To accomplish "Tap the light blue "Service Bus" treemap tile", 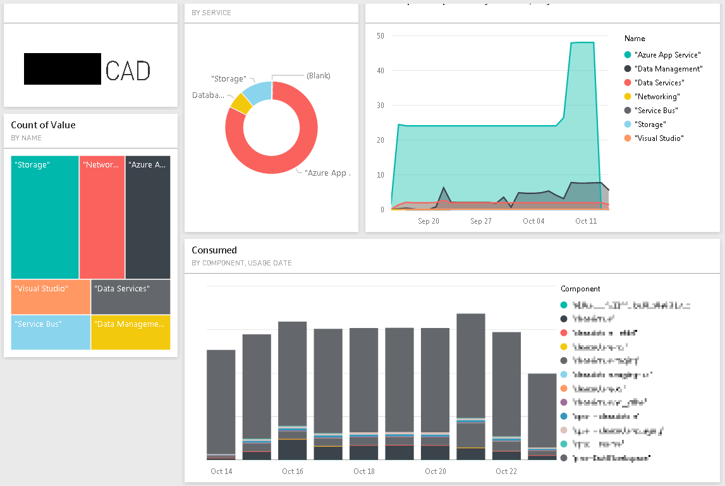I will click(x=51, y=332).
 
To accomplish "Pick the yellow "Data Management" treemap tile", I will click(x=130, y=332).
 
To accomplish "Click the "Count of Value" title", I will click(x=43, y=125).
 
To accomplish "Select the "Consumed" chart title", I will click(x=214, y=250).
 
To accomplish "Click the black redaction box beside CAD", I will click(x=63, y=69).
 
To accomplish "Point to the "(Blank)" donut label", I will click(x=318, y=76).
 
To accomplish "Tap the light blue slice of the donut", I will click(x=258, y=92).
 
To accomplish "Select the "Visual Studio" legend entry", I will click(x=659, y=138).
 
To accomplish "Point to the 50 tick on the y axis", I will click(x=380, y=36).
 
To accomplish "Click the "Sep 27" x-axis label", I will click(x=481, y=221).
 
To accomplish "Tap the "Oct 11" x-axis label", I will click(x=586, y=221).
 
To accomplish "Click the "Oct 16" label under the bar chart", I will click(x=293, y=471).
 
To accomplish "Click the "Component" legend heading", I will click(x=580, y=289).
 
